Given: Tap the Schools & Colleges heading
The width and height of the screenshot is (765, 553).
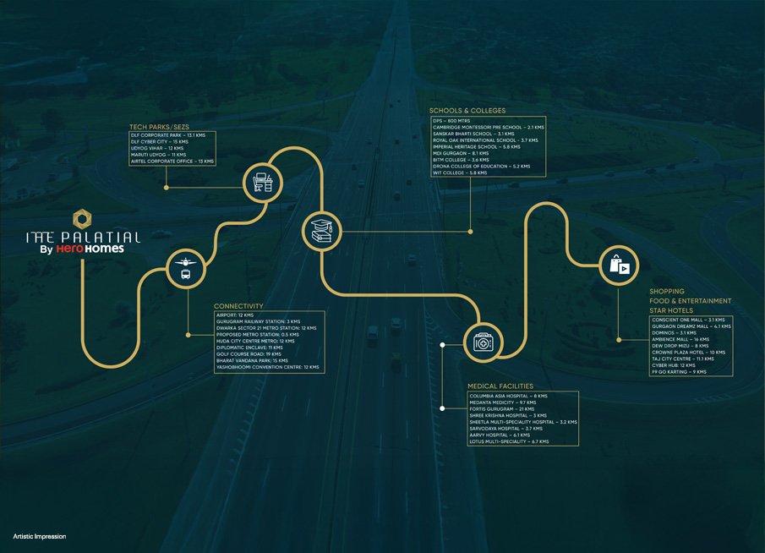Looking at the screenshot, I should (x=467, y=111).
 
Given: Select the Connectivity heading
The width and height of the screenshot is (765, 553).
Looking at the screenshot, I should (x=238, y=305).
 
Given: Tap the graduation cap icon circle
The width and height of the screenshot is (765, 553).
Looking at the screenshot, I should (x=322, y=229).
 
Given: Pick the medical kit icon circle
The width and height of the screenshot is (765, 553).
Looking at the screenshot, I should (x=484, y=342).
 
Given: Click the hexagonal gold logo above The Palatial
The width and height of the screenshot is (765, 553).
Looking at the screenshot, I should (x=81, y=217).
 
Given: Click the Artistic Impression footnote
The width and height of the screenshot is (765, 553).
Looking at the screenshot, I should (x=40, y=537).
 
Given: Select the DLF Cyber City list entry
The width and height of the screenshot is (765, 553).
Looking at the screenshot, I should (x=160, y=141).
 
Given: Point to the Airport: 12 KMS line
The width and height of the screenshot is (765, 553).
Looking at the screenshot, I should (x=235, y=315).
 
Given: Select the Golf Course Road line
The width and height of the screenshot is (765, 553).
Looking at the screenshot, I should (x=249, y=354).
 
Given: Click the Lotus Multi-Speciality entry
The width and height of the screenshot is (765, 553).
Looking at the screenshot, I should (x=509, y=441).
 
